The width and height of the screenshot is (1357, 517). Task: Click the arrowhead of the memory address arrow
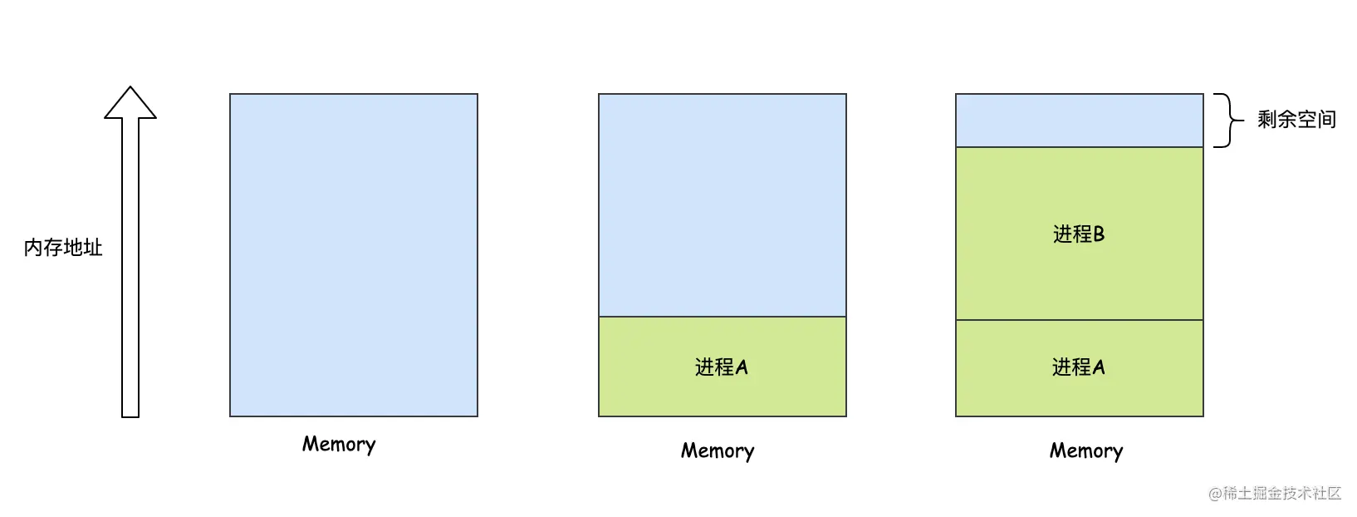[130, 103]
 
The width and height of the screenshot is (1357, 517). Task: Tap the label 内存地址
[63, 248]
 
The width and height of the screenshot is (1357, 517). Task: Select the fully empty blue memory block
[354, 255]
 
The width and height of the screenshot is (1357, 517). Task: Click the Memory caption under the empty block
[339, 444]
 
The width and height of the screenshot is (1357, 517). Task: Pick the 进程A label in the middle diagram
[722, 367]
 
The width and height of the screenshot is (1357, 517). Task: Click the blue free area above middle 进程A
[723, 204]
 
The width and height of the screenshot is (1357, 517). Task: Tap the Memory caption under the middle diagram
[718, 451]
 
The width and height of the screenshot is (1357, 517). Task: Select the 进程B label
[1079, 234]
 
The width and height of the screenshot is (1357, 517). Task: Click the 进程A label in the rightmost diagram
[1078, 367]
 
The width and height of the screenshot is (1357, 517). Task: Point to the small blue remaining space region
[1080, 120]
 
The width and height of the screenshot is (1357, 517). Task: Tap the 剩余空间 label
[1296, 120]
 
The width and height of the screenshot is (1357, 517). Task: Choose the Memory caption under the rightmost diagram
[1086, 451]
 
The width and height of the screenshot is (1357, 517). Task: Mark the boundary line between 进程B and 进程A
[1080, 319]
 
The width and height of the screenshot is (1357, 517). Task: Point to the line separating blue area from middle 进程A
[723, 317]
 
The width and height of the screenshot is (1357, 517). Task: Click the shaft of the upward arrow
[130, 268]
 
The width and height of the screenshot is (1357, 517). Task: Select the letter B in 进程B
[1099, 234]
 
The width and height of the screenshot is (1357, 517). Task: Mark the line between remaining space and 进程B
[1080, 146]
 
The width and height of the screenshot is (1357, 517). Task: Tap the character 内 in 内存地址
[33, 248]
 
